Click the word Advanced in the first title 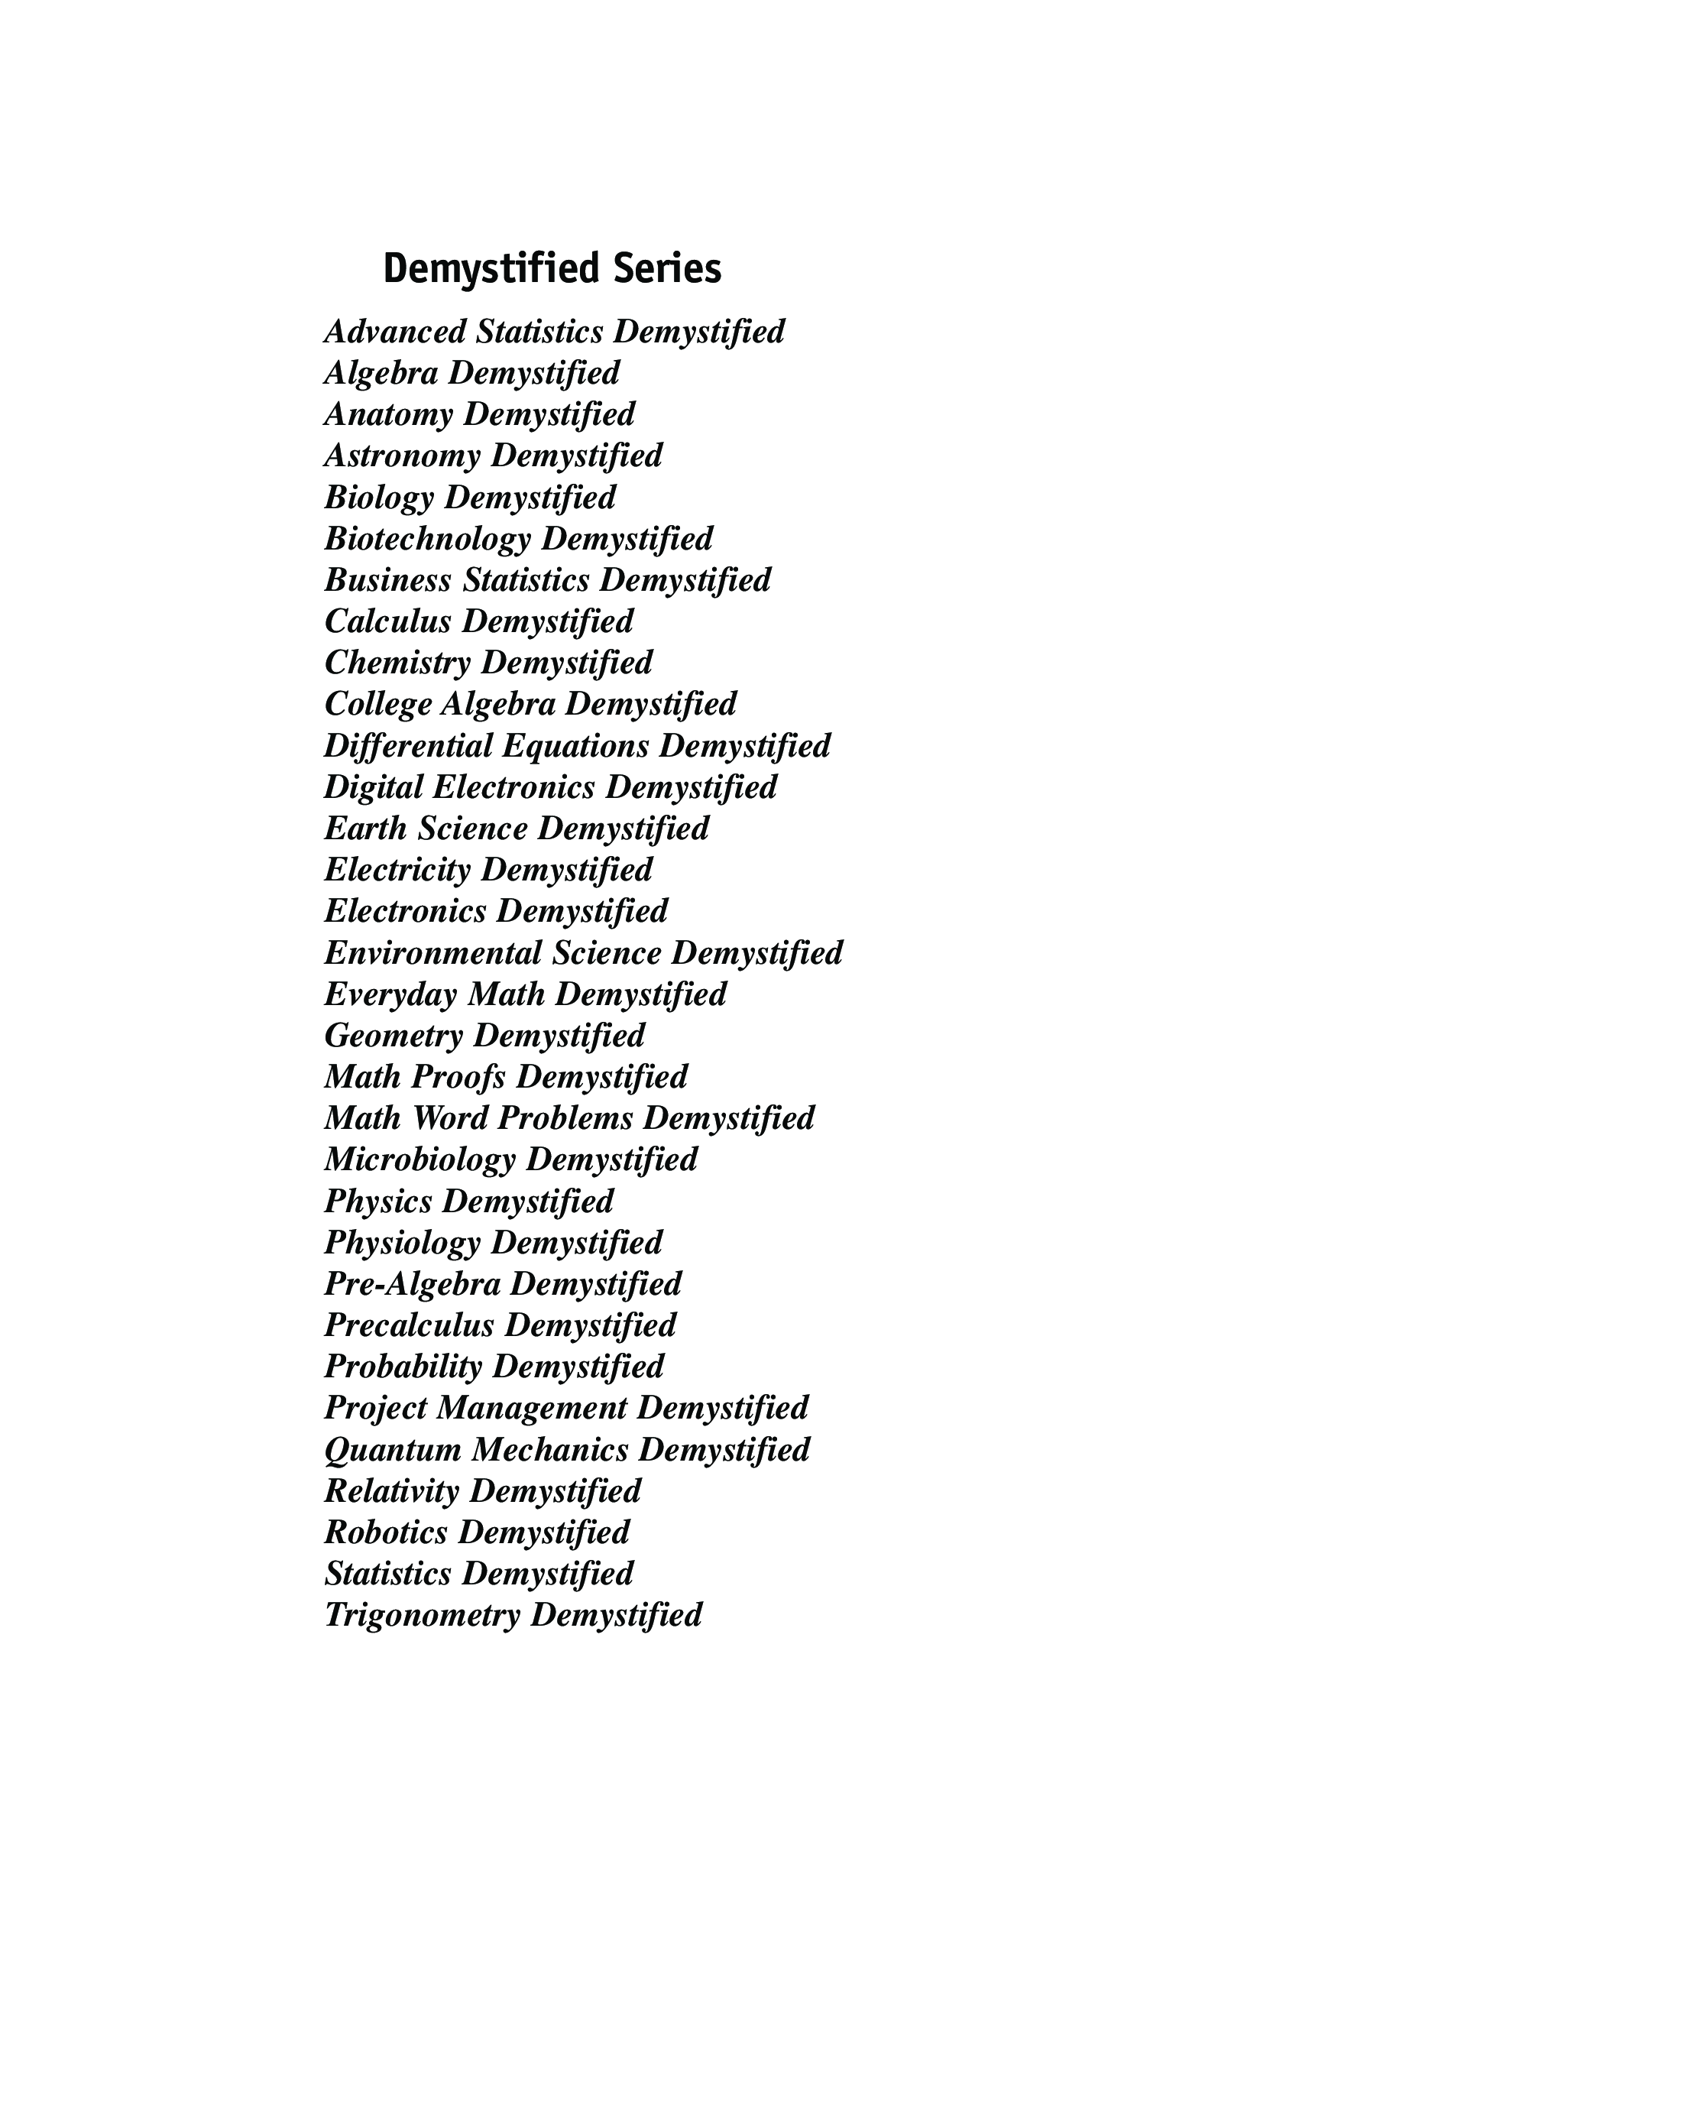click(x=396, y=332)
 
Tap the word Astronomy click(x=403, y=456)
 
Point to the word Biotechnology click(x=427, y=539)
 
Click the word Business click(x=387, y=580)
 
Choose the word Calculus click(x=387, y=621)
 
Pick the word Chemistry click(x=397, y=663)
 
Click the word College click(x=377, y=705)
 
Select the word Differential click(x=408, y=746)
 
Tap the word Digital click(x=374, y=787)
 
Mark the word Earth click(x=366, y=829)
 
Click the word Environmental click(x=432, y=953)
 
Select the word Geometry click(x=394, y=1036)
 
